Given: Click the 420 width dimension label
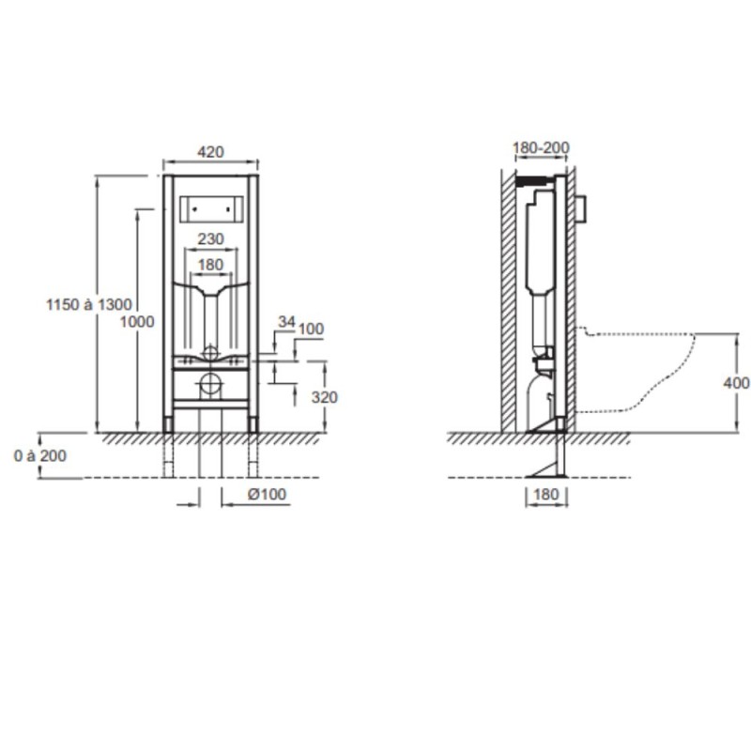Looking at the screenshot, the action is pyautogui.click(x=210, y=152).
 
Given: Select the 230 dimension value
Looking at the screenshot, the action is pyautogui.click(x=210, y=238).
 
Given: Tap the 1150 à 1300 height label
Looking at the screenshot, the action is pyautogui.click(x=88, y=304).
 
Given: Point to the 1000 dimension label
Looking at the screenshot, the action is pyautogui.click(x=137, y=321).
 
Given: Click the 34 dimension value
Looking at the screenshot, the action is pyautogui.click(x=286, y=322).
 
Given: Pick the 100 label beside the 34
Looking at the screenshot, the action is pyautogui.click(x=311, y=330).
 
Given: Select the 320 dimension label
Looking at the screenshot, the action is pyautogui.click(x=324, y=397).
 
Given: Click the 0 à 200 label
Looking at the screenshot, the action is pyautogui.click(x=40, y=455).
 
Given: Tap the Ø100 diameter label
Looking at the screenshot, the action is pyautogui.click(x=267, y=494).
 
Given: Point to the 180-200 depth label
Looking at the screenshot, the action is pyautogui.click(x=542, y=147).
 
